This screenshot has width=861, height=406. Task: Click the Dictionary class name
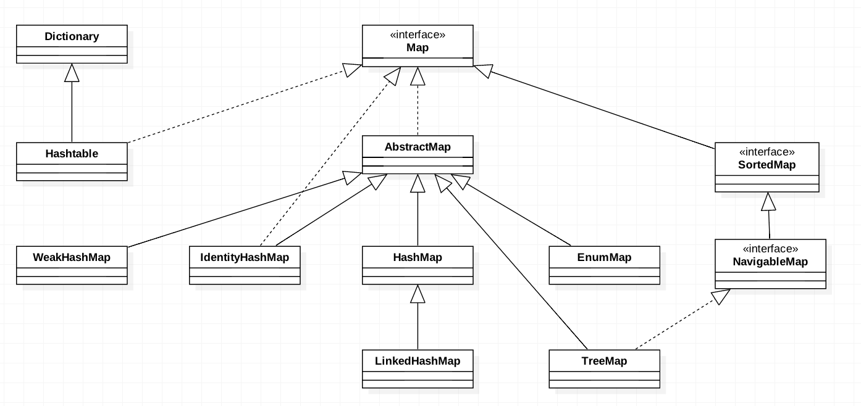click(x=72, y=36)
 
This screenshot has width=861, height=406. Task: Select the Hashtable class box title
click(x=72, y=154)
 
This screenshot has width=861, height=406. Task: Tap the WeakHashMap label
click(x=72, y=257)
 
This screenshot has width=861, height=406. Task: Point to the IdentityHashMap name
click(x=245, y=257)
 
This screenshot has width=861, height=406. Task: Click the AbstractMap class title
click(x=418, y=147)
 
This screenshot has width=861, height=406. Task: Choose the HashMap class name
click(x=418, y=257)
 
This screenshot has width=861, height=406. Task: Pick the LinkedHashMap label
click(x=418, y=361)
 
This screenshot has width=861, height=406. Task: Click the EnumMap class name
click(x=604, y=257)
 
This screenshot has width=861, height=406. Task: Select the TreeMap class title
click(x=604, y=361)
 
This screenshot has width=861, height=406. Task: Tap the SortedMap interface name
click(x=767, y=165)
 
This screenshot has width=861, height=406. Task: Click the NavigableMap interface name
click(x=770, y=262)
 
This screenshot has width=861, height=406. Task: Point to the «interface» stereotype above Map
click(x=418, y=35)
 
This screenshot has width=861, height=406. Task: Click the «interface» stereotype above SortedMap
click(x=767, y=152)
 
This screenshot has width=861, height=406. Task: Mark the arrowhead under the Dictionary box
click(x=72, y=73)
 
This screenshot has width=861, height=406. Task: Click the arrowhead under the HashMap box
click(x=418, y=294)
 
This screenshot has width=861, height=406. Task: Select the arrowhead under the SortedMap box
click(x=768, y=201)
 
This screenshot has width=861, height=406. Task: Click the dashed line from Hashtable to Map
click(x=235, y=107)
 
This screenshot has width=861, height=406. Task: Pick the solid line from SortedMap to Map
click(x=602, y=110)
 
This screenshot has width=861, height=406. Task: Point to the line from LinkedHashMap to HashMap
click(x=418, y=326)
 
